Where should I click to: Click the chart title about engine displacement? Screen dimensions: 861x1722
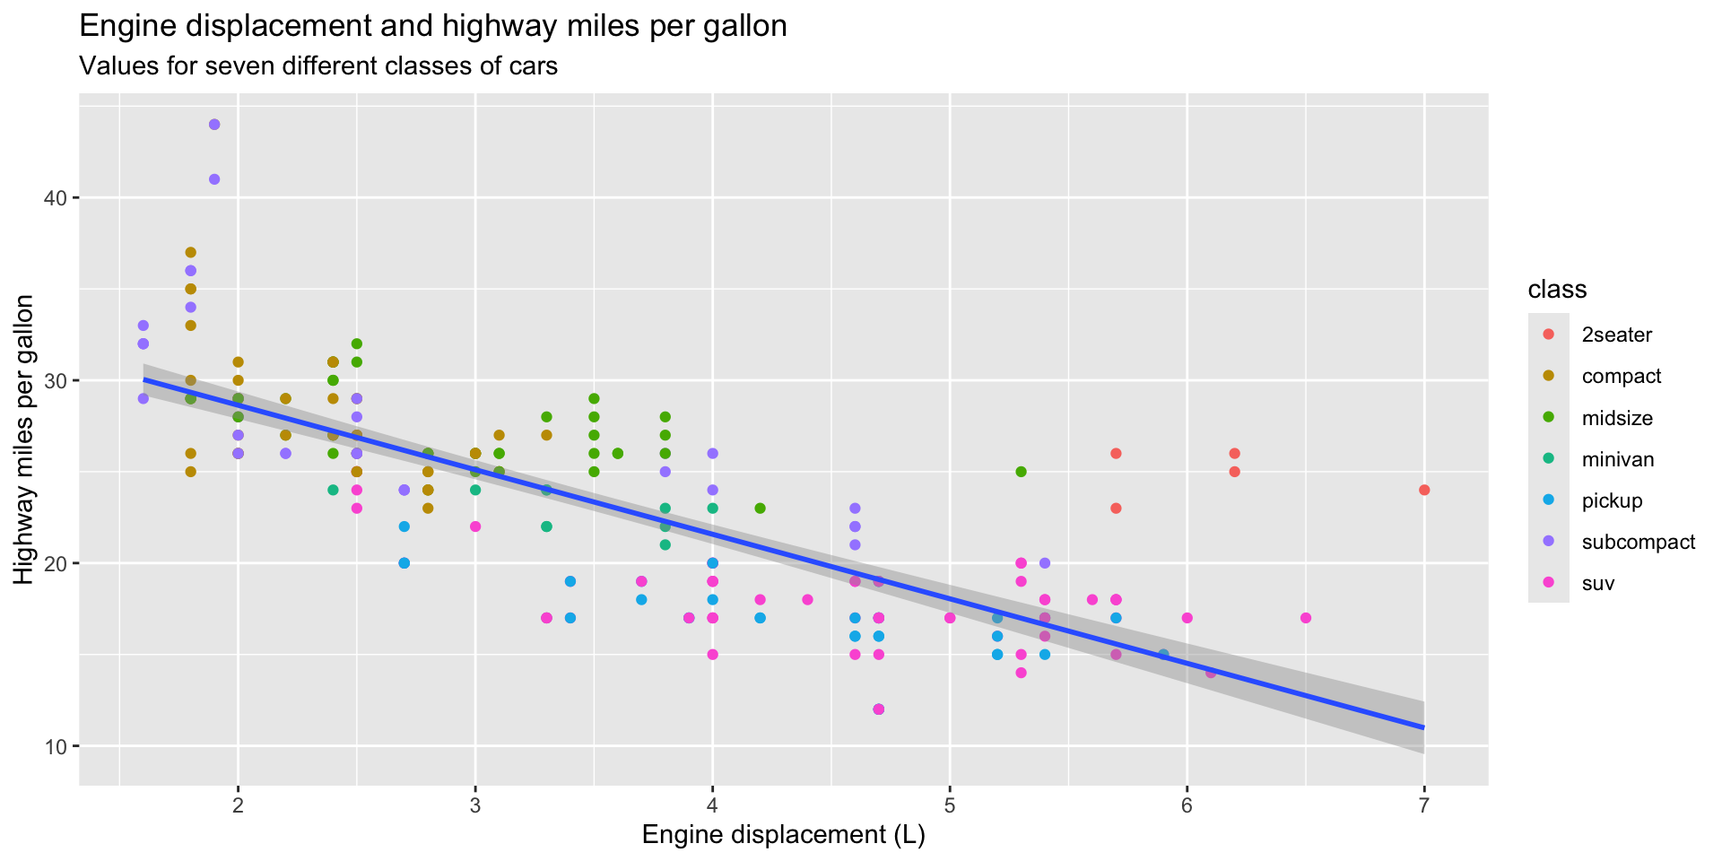coord(433,27)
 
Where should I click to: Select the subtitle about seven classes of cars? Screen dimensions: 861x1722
coord(318,66)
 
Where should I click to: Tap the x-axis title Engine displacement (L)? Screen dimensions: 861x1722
coord(783,836)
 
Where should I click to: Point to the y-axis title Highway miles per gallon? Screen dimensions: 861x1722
coord(24,439)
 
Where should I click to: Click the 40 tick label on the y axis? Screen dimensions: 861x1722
coord(57,198)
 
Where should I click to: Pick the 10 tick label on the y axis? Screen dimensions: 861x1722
coord(57,746)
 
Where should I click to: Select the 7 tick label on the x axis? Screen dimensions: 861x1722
coord(1423,804)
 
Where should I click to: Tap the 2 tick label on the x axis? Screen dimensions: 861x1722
coord(238,804)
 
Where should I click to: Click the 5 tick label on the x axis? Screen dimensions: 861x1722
coord(949,804)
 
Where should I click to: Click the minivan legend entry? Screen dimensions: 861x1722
coord(1617,460)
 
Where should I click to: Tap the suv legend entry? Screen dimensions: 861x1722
coord(1598,584)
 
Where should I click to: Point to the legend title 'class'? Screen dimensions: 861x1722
coord(1557,290)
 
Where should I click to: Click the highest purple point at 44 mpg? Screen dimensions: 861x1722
coord(214,125)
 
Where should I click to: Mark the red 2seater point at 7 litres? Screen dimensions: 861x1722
coord(1424,490)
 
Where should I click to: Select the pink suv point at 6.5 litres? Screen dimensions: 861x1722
coord(1306,618)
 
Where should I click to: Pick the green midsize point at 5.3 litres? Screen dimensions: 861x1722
coord(1021,472)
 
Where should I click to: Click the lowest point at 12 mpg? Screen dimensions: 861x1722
coord(878,709)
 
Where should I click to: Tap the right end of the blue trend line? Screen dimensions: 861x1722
coord(1422,726)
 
